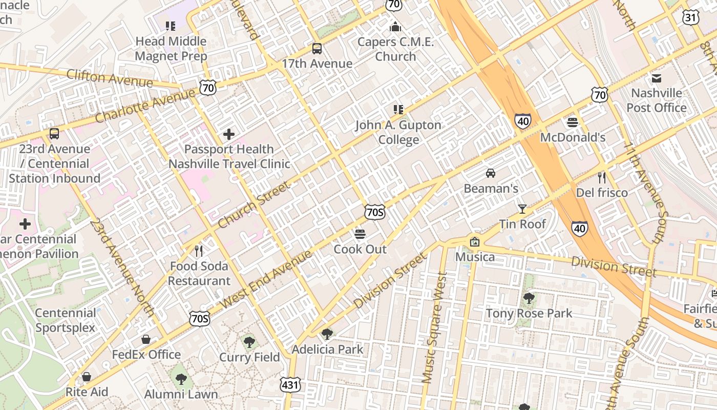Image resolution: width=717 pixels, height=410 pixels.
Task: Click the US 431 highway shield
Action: (290, 384)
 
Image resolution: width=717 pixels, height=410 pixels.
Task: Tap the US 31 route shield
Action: (690, 17)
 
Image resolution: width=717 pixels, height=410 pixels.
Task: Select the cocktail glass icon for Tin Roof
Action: (522, 209)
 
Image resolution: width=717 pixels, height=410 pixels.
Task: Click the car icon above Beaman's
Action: (491, 173)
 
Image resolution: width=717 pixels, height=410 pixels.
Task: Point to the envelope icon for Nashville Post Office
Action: (657, 78)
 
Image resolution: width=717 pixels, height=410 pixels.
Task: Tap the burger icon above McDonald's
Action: (573, 122)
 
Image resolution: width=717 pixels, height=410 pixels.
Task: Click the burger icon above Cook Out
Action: (360, 234)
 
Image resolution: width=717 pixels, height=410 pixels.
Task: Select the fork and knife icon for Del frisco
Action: (602, 178)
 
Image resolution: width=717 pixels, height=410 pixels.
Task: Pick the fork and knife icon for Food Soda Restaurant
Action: (199, 251)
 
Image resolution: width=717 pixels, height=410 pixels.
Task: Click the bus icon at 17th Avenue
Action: (317, 49)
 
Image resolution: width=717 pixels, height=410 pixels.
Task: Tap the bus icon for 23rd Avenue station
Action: (54, 134)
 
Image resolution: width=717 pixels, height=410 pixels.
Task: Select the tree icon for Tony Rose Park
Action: (529, 298)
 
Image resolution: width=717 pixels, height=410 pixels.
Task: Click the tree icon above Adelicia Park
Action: (327, 334)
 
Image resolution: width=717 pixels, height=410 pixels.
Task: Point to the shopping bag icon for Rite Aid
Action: (87, 377)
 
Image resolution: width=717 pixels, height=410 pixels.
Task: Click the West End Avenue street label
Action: (266, 279)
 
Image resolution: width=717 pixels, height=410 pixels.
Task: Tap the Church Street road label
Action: (254, 204)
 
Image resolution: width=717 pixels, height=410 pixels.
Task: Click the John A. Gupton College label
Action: (398, 132)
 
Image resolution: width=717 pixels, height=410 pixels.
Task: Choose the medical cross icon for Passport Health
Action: (229, 134)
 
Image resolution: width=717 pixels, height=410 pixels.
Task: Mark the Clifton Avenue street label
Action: (110, 78)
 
